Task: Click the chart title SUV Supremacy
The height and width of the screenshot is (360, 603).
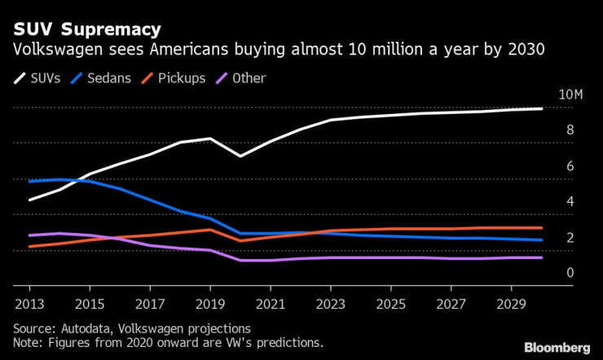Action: (x=86, y=29)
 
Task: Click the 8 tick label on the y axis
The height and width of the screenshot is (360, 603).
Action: (x=570, y=130)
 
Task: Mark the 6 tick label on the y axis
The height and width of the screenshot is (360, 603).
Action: (x=570, y=166)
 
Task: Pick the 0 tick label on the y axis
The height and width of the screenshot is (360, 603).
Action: (x=570, y=273)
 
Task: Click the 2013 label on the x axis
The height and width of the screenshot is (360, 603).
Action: (x=29, y=304)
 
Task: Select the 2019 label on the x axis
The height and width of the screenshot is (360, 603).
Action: (x=211, y=304)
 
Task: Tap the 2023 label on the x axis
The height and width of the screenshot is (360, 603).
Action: (x=331, y=304)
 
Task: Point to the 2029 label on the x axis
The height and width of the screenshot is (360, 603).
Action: (x=512, y=304)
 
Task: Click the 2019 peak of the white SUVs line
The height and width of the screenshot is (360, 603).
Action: (x=211, y=138)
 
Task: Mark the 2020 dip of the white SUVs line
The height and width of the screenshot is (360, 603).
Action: (x=240, y=156)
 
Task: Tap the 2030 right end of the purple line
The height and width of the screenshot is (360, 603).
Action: (x=543, y=257)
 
